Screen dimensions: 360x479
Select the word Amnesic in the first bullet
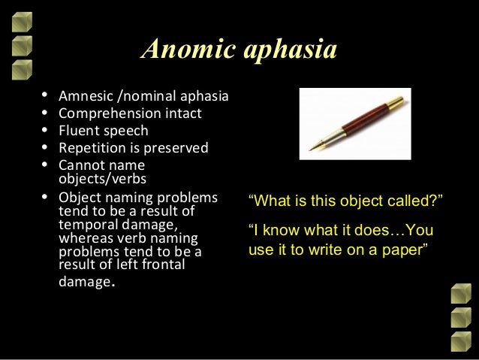82,97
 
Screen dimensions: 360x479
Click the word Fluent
78,131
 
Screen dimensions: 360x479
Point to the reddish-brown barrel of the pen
352,122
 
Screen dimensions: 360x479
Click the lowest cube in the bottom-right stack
459,341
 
